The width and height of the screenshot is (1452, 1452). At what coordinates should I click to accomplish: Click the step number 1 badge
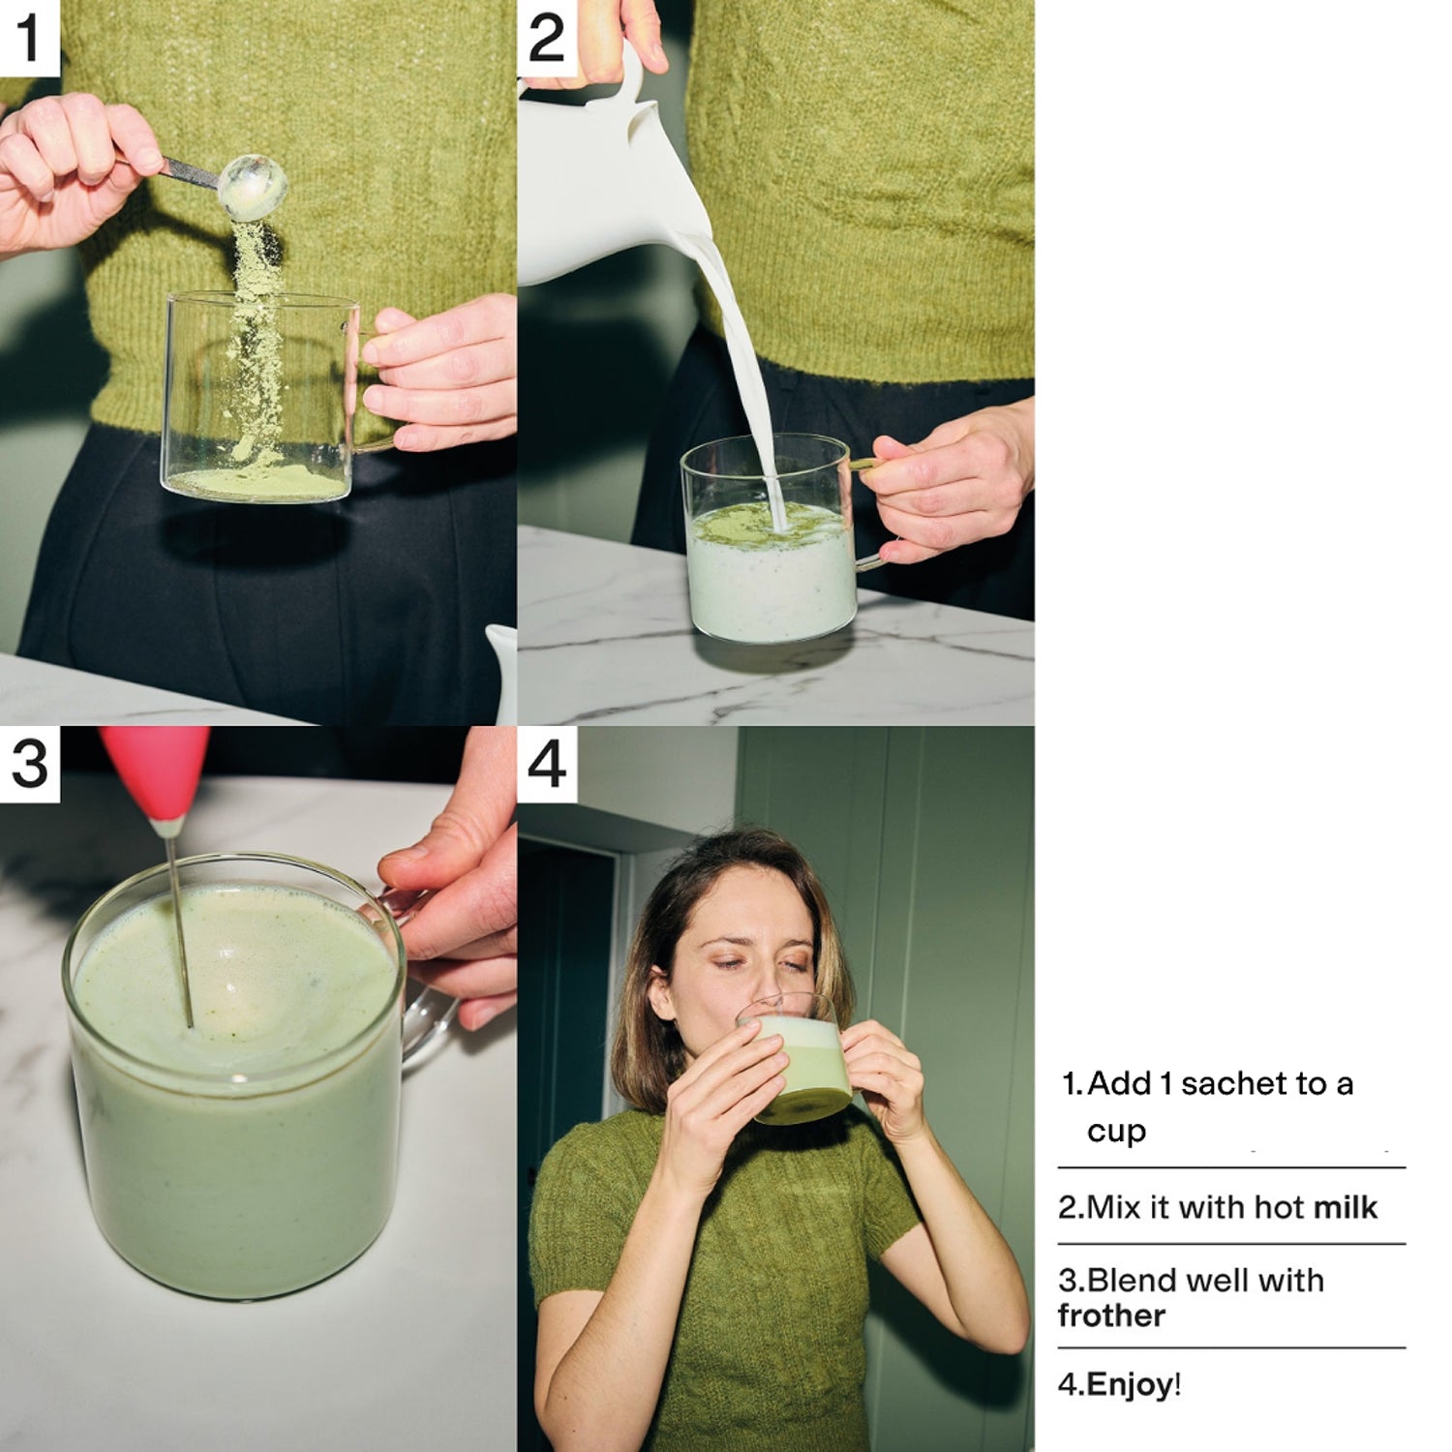pyautogui.click(x=29, y=38)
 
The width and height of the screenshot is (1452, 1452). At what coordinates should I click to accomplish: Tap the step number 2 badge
pyautogui.click(x=547, y=38)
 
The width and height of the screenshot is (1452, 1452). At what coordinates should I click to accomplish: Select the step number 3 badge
pyautogui.click(x=29, y=764)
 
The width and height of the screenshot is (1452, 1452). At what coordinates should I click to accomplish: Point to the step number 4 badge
pyautogui.click(x=547, y=764)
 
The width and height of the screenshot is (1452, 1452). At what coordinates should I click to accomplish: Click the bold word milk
pyautogui.click(x=1345, y=1207)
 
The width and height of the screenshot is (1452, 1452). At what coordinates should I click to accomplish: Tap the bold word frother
pyautogui.click(x=1111, y=1316)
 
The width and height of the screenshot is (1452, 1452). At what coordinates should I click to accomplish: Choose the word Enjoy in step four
pyautogui.click(x=1130, y=1385)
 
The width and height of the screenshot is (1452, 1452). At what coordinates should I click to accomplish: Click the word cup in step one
pyautogui.click(x=1116, y=1132)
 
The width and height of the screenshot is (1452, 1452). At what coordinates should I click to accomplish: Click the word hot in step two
pyautogui.click(x=1279, y=1207)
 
